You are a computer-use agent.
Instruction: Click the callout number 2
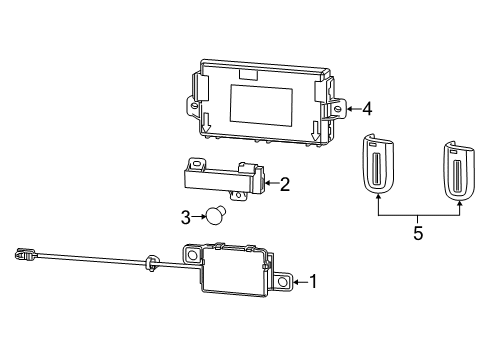click(x=285, y=184)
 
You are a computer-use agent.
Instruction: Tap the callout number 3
click(x=185, y=216)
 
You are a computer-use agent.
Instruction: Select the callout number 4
click(x=367, y=108)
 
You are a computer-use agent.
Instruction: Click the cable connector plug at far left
click(x=25, y=255)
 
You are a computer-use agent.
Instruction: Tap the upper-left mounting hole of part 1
click(x=190, y=254)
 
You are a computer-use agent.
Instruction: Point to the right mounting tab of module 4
click(x=338, y=107)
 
